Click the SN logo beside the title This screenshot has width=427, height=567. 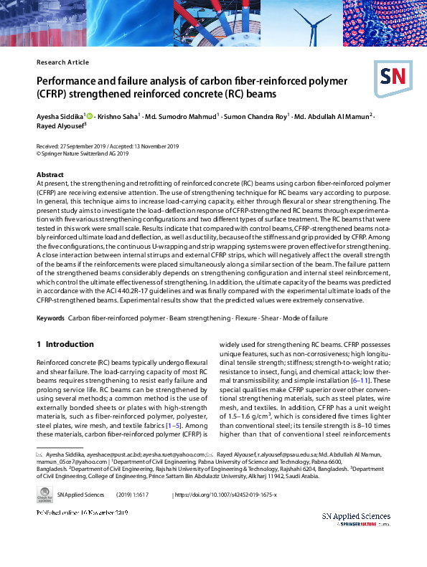click(x=390, y=77)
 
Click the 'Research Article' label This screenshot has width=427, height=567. click(x=62, y=62)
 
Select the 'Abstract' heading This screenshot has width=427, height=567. click(x=50, y=175)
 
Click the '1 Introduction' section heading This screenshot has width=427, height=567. click(x=65, y=344)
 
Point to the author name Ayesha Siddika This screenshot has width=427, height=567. click(x=60, y=116)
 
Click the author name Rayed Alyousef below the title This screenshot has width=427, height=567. click(x=60, y=125)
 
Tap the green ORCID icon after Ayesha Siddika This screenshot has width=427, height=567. click(x=90, y=115)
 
